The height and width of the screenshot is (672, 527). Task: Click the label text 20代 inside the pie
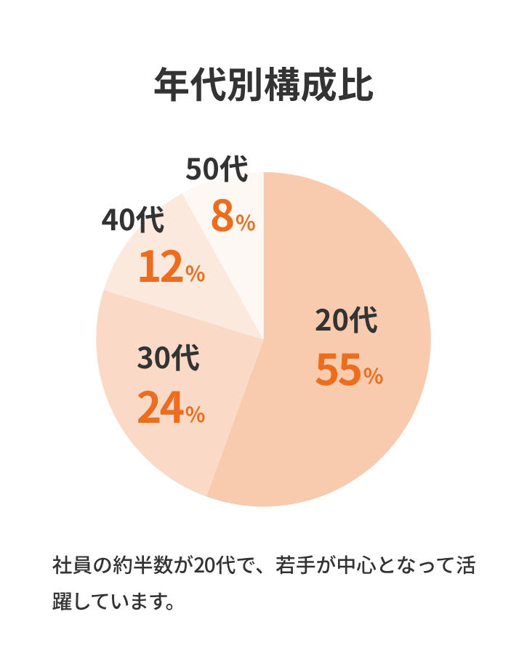coord(347,321)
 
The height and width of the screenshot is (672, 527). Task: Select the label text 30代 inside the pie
coord(169,359)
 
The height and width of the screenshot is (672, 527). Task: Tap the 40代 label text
coord(133,221)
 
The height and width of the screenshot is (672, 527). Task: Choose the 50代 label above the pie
coord(217,169)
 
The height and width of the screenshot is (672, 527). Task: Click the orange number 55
coord(338,370)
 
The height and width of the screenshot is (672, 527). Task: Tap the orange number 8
coord(222,216)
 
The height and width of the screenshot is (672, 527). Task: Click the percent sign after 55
coord(373,376)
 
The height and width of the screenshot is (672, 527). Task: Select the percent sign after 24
coord(195,414)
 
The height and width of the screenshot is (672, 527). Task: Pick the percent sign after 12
coord(195,274)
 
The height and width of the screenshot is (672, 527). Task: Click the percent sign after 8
coord(246,223)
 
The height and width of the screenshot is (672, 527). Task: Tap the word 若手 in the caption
coord(295,565)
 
